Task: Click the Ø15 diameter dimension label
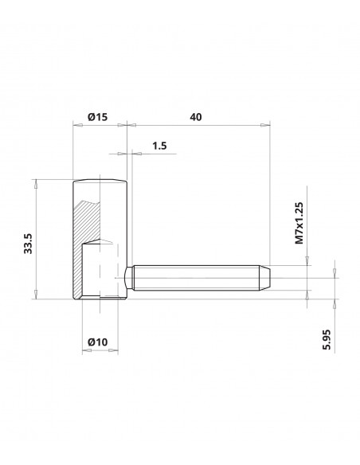tap(96, 117)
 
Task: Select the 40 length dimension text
tap(196, 117)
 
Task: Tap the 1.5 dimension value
tap(158, 147)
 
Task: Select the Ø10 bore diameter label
tap(96, 342)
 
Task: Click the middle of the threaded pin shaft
tap(199, 278)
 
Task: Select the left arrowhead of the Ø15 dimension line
tap(76, 125)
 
